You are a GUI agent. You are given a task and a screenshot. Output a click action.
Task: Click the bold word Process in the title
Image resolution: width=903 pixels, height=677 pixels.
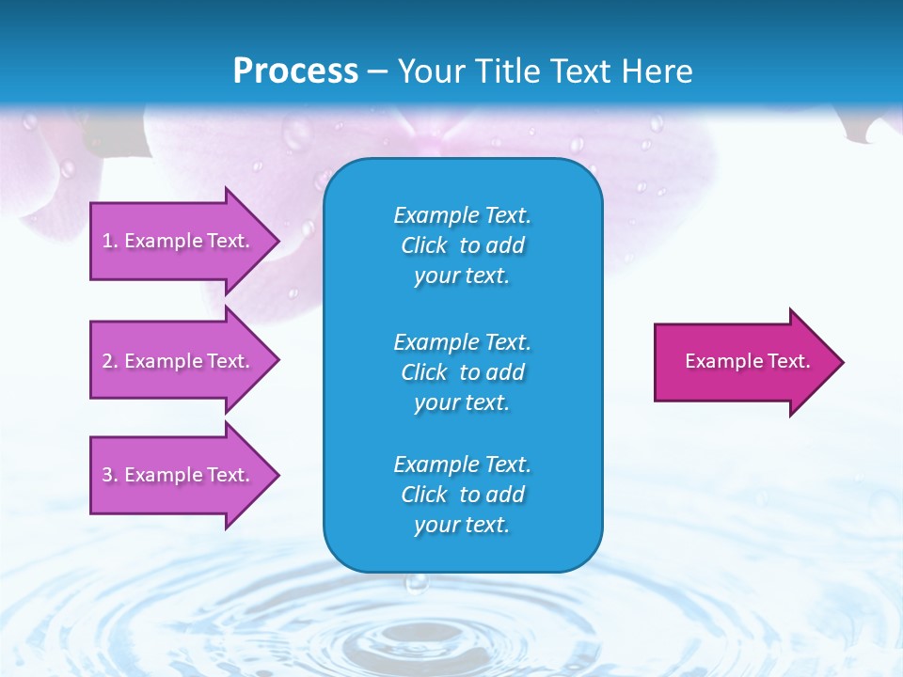click(295, 71)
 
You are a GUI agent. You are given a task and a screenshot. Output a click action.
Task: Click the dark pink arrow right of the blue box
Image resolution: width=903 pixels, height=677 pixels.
click(743, 362)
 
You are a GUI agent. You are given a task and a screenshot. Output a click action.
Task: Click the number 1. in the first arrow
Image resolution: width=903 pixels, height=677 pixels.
click(110, 241)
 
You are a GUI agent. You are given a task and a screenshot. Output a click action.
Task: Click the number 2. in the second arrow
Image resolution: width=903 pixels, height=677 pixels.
click(110, 361)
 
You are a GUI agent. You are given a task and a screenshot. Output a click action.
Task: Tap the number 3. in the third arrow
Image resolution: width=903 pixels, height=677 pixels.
click(110, 475)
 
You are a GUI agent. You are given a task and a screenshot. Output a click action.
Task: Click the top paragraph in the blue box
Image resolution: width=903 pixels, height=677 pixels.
click(462, 245)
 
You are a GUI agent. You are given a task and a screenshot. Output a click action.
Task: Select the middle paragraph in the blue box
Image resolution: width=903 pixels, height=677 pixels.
click(462, 372)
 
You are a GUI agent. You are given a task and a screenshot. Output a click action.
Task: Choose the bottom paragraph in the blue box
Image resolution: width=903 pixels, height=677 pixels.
click(462, 495)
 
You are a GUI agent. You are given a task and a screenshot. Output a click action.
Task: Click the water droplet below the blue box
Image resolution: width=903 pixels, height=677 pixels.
click(416, 584)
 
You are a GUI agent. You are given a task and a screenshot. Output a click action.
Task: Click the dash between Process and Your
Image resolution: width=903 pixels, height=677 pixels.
click(377, 71)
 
